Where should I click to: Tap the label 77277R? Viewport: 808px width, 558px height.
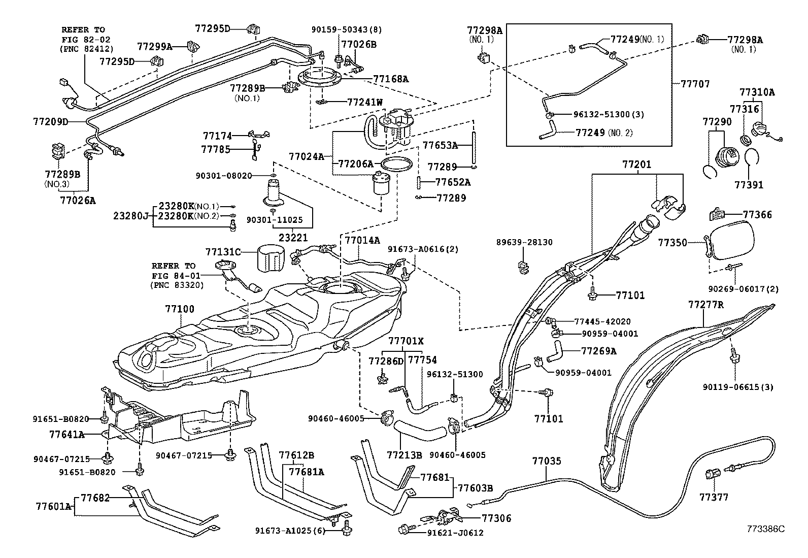(705, 305)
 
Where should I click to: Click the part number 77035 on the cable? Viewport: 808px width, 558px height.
(547, 461)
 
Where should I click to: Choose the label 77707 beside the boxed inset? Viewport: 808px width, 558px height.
(695, 84)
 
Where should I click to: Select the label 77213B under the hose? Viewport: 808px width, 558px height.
(404, 455)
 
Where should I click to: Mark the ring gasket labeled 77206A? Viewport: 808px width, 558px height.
(396, 165)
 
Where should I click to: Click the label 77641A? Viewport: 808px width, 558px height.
(66, 435)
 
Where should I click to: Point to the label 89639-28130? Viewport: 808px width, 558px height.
(524, 243)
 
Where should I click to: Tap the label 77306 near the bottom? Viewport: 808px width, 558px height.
(496, 518)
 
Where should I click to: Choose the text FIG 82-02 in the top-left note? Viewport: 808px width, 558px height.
(86, 39)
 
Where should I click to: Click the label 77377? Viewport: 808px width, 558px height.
(713, 497)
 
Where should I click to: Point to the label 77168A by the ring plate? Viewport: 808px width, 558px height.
(391, 79)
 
